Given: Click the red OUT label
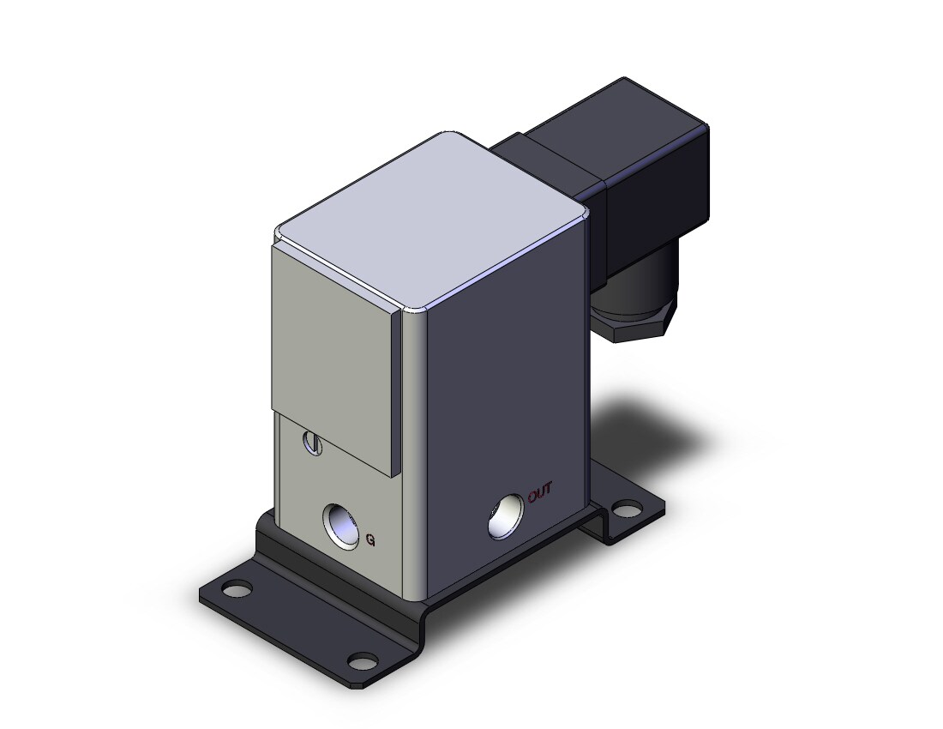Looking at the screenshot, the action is coord(539,492).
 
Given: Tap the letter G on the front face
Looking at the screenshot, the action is coord(370,540).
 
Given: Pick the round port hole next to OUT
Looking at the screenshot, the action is coord(506,516).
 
